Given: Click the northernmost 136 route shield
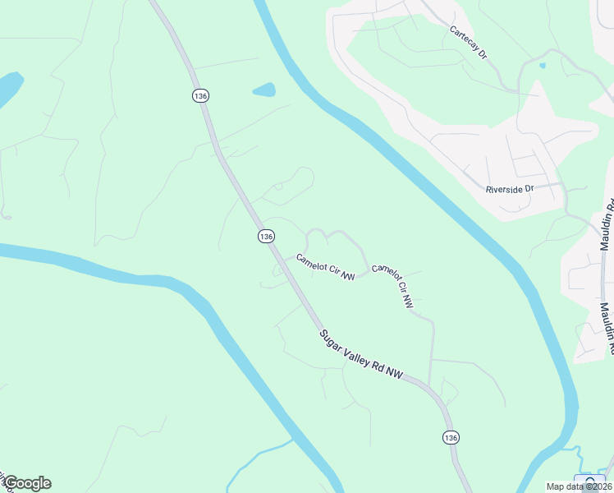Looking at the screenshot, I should tap(201, 96).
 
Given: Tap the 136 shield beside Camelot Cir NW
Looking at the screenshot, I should tap(265, 236).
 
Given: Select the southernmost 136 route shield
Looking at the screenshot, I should tap(450, 438).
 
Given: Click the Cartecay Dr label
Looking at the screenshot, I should tap(469, 42).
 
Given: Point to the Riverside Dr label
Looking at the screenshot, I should tap(510, 189).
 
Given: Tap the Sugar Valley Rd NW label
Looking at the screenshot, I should tap(362, 355).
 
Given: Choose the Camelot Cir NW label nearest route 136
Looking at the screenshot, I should tap(325, 268).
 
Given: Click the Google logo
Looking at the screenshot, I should tap(27, 483).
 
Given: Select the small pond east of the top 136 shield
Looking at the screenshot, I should tap(263, 89).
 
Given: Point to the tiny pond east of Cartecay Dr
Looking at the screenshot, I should tap(543, 64).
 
